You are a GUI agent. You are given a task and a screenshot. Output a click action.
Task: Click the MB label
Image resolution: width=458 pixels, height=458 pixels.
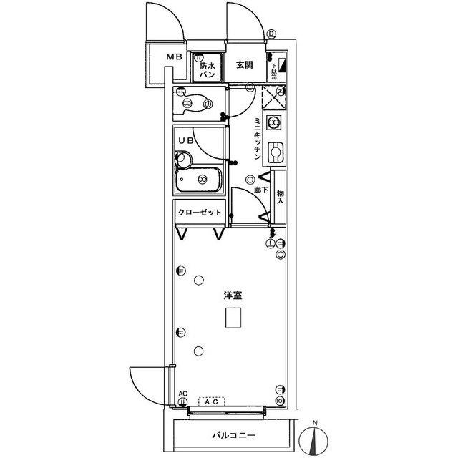coord(175,57)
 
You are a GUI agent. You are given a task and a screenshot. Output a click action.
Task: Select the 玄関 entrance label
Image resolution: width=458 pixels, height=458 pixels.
coord(244,65)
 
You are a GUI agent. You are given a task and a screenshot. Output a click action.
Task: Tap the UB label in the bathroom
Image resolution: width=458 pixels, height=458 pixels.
coord(185,140)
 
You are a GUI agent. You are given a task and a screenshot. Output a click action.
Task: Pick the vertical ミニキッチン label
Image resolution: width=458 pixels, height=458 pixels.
coord(256,139)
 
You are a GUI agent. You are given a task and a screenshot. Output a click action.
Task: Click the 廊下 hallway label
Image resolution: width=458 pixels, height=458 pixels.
coord(261,191)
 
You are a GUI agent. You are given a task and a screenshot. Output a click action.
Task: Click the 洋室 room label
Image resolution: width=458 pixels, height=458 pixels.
coord(230,294)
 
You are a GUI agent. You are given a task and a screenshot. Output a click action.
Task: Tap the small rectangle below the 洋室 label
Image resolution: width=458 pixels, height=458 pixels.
coord(233,318)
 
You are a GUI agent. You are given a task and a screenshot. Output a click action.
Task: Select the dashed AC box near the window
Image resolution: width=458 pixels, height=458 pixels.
coord(212,402)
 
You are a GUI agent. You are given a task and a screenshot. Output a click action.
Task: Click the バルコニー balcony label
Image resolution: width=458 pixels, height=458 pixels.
coord(233,435)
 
